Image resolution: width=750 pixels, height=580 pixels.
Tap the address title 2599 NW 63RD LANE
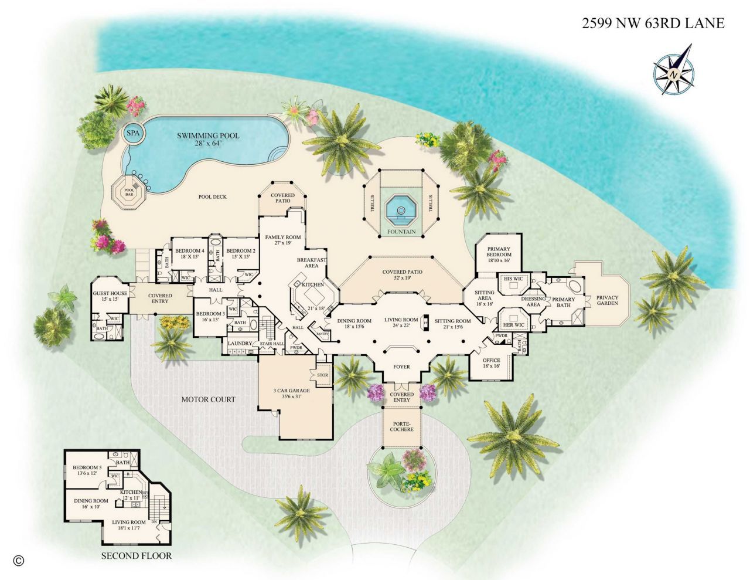click(x=653, y=23)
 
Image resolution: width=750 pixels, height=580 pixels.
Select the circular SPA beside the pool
click(x=134, y=133)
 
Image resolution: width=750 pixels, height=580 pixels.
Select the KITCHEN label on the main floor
click(x=313, y=284)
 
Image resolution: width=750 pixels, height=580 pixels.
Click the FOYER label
click(x=401, y=367)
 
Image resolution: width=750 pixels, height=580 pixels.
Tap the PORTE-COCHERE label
click(x=401, y=426)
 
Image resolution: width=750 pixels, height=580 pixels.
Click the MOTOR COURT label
click(x=208, y=399)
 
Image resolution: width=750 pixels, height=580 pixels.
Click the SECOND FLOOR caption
click(x=136, y=555)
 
